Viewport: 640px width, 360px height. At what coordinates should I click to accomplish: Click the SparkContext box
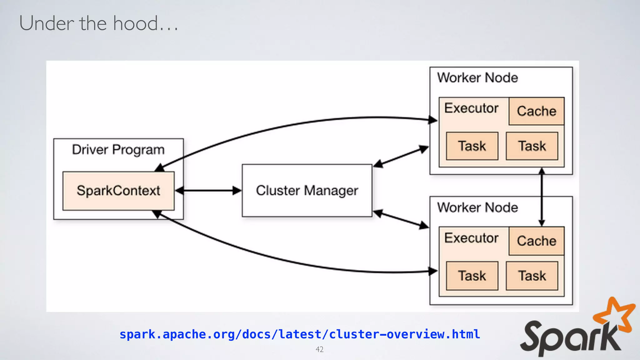pyautogui.click(x=118, y=191)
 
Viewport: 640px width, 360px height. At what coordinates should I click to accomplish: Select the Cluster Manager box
pyautogui.click(x=307, y=190)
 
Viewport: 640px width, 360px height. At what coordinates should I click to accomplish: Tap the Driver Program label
pyautogui.click(x=118, y=150)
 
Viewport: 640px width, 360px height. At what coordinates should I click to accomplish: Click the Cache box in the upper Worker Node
pyautogui.click(x=536, y=111)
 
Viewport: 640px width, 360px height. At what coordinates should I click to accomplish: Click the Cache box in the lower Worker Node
pyautogui.click(x=536, y=241)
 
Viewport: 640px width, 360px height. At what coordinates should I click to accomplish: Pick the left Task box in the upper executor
pyautogui.click(x=472, y=146)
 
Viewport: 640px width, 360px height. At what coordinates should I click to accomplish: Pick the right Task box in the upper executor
pyautogui.click(x=532, y=146)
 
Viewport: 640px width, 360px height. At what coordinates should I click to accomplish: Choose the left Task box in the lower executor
pyautogui.click(x=472, y=276)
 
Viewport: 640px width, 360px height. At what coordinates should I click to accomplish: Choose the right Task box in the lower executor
pyautogui.click(x=532, y=276)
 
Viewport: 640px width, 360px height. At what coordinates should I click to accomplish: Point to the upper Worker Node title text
pyautogui.click(x=477, y=78)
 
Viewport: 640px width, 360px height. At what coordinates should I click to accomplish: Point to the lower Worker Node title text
pyautogui.click(x=477, y=207)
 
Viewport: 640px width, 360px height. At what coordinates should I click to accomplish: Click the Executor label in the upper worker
pyautogui.click(x=471, y=108)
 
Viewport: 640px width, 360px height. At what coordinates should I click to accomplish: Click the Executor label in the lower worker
pyautogui.click(x=471, y=238)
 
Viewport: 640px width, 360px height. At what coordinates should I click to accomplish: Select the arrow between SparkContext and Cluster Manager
pyautogui.click(x=208, y=190)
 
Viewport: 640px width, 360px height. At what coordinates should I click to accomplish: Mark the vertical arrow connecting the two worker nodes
pyautogui.click(x=542, y=197)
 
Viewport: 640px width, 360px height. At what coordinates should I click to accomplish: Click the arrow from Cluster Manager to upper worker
pyautogui.click(x=401, y=156)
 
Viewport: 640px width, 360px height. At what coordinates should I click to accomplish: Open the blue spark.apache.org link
pyautogui.click(x=299, y=334)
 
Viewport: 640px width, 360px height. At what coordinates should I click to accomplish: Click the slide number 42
pyautogui.click(x=319, y=349)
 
